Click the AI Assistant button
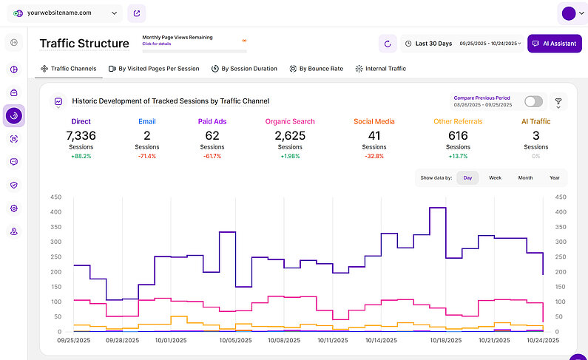click(554, 44)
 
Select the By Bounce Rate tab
click(317, 69)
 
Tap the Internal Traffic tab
click(380, 69)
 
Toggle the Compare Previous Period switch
click(533, 101)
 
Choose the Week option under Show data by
click(495, 178)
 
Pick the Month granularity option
click(525, 178)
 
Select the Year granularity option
click(554, 178)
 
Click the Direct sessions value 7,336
click(81, 135)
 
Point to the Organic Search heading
click(290, 121)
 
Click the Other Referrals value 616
click(458, 135)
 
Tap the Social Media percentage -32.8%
click(374, 157)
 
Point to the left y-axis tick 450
click(55, 197)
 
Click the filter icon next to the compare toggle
click(558, 102)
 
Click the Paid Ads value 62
click(212, 135)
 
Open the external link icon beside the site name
click(136, 13)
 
